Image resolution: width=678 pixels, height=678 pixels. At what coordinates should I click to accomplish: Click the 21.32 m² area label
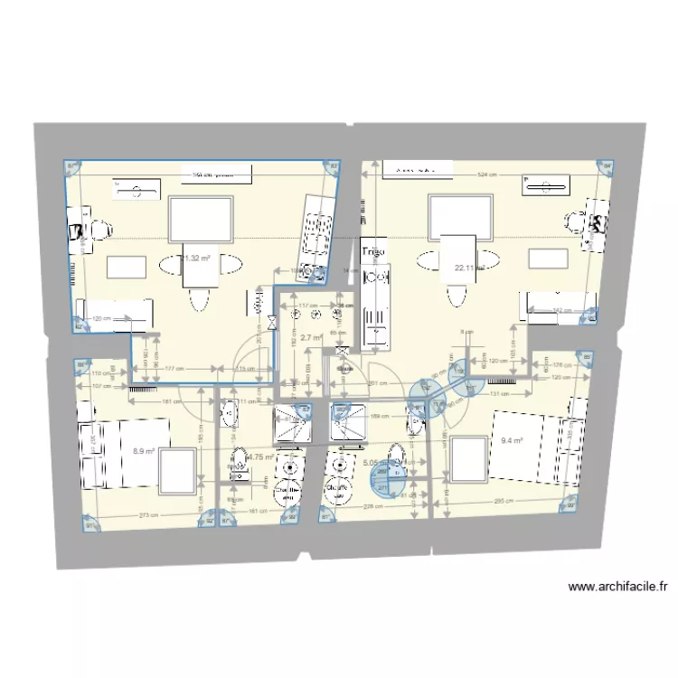(196, 258)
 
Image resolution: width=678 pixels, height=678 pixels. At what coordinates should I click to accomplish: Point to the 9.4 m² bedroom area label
(513, 442)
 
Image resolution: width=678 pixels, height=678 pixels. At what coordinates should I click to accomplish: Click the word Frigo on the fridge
(373, 250)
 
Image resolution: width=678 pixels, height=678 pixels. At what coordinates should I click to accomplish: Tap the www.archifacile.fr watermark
(618, 587)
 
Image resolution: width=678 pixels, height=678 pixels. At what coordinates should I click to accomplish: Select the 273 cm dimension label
(137, 516)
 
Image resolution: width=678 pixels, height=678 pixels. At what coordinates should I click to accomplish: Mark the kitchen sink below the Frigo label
(375, 316)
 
